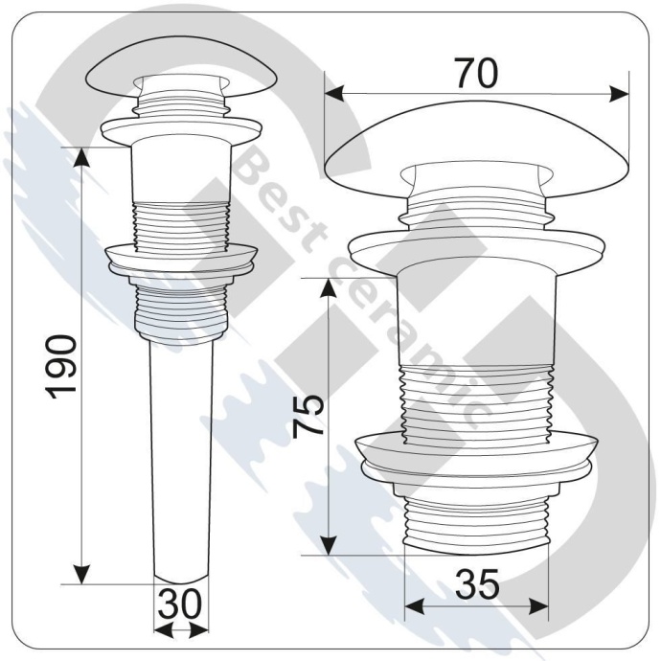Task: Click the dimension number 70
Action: [x=475, y=74]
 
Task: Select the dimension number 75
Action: [x=308, y=415]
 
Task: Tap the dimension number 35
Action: [x=476, y=583]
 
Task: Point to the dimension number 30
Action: [x=181, y=604]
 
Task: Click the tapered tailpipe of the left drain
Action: [x=181, y=460]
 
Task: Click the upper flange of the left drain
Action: [x=181, y=126]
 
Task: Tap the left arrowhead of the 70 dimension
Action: [x=334, y=93]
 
